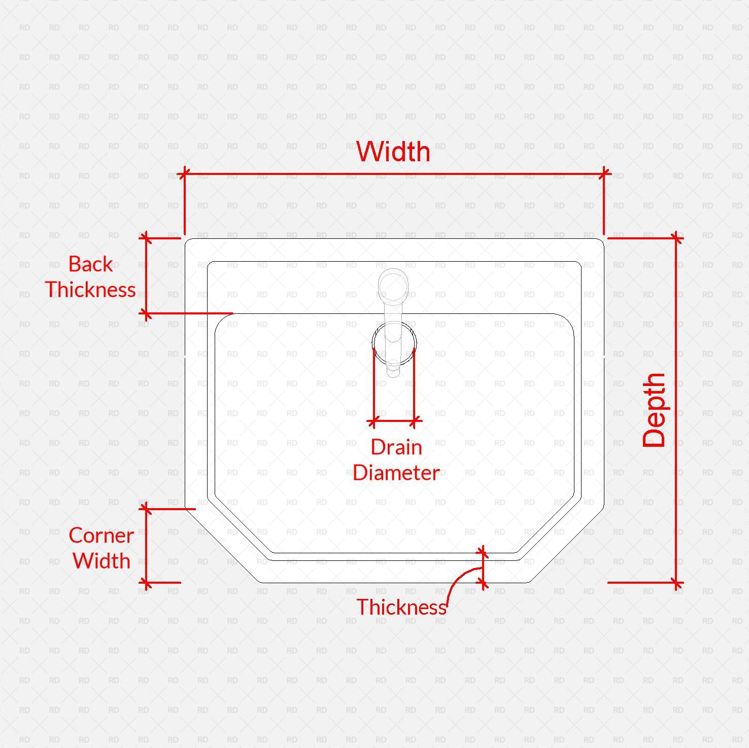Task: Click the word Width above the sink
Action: click(x=393, y=152)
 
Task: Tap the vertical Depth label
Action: click(x=654, y=410)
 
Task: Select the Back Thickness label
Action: click(x=90, y=277)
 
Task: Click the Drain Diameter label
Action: click(x=396, y=460)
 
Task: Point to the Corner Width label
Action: click(x=101, y=548)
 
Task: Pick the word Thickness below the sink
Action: click(x=401, y=607)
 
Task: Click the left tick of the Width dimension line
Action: click(x=184, y=174)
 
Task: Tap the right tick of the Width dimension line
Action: click(x=604, y=174)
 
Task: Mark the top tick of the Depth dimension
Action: click(x=676, y=238)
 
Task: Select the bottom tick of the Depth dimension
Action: click(x=676, y=583)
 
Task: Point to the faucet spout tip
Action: click(x=394, y=370)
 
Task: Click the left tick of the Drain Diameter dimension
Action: click(x=373, y=421)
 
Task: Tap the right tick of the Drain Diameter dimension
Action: click(x=415, y=421)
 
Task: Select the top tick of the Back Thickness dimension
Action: click(x=146, y=237)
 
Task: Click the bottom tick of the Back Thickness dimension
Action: click(x=146, y=313)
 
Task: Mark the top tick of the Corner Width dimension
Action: click(x=146, y=509)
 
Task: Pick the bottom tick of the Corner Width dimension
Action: click(x=146, y=583)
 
